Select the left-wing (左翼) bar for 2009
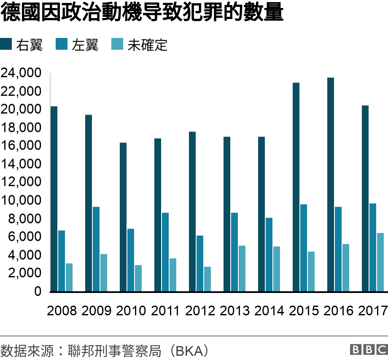click(96, 249)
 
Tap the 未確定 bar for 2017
click(380, 262)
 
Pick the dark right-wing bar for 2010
click(123, 217)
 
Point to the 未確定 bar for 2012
click(207, 279)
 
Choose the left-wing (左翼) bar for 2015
click(304, 248)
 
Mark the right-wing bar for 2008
click(54, 199)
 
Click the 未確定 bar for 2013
click(242, 269)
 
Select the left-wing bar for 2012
click(200, 263)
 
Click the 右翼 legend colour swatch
click(6, 44)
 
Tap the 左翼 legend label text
click(85, 45)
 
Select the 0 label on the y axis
click(38, 291)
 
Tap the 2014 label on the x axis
click(269, 311)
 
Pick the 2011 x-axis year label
click(166, 311)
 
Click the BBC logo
click(368, 349)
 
